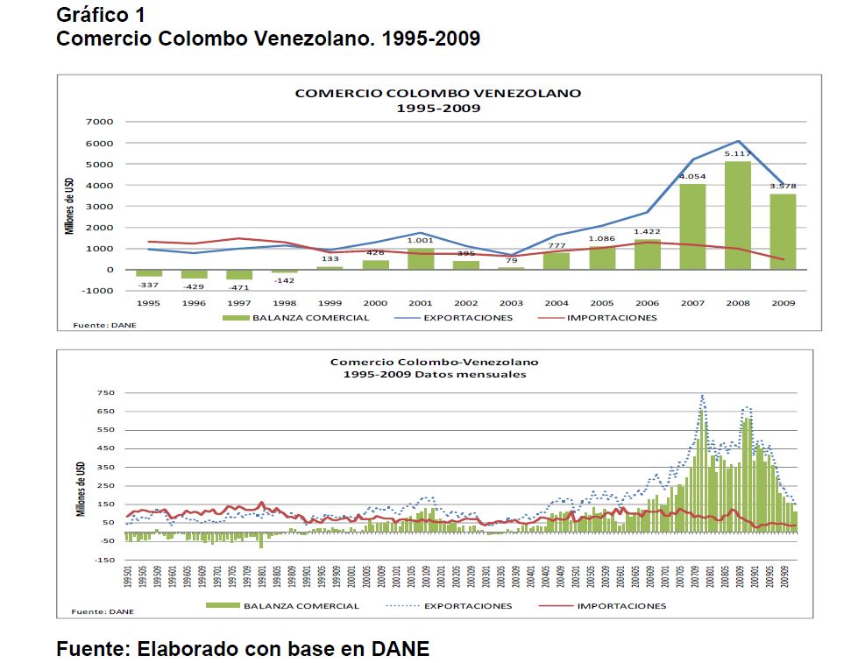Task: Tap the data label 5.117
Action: pyautogui.click(x=737, y=155)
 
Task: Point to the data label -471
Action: pyautogui.click(x=239, y=288)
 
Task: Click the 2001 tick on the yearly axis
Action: pyautogui.click(x=421, y=302)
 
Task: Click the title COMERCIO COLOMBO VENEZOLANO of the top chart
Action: pyautogui.click(x=437, y=93)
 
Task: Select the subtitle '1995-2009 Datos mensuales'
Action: pyautogui.click(x=434, y=373)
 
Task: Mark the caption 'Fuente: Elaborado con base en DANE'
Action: pyautogui.click(x=244, y=649)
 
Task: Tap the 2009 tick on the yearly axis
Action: pyautogui.click(x=783, y=302)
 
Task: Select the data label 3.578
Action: pyautogui.click(x=783, y=187)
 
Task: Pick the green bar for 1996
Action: pyautogui.click(x=194, y=274)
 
